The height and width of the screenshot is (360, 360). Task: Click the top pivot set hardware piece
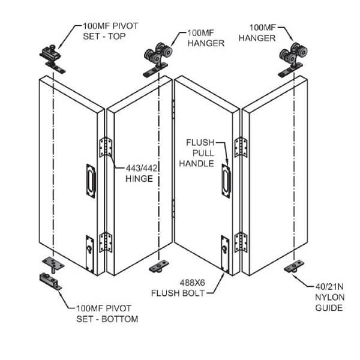point(52,55)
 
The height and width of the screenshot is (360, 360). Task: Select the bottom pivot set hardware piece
point(52,281)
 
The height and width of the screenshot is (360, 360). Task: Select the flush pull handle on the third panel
point(226,178)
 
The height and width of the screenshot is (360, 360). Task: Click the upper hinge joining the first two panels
point(106,148)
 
